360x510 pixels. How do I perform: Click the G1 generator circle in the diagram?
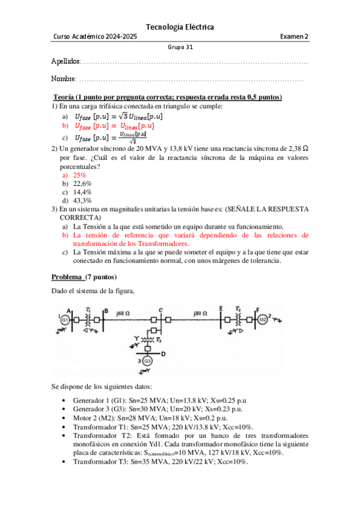64,319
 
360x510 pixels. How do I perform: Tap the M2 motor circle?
263,319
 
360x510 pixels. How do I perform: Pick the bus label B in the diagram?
106,311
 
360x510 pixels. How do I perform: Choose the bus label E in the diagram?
221,309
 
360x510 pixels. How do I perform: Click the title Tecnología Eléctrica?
180,27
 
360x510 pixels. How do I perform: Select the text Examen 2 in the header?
294,37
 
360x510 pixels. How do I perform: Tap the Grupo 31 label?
180,48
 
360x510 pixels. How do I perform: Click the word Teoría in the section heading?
65,97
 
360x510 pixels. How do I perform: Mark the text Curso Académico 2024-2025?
95,37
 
